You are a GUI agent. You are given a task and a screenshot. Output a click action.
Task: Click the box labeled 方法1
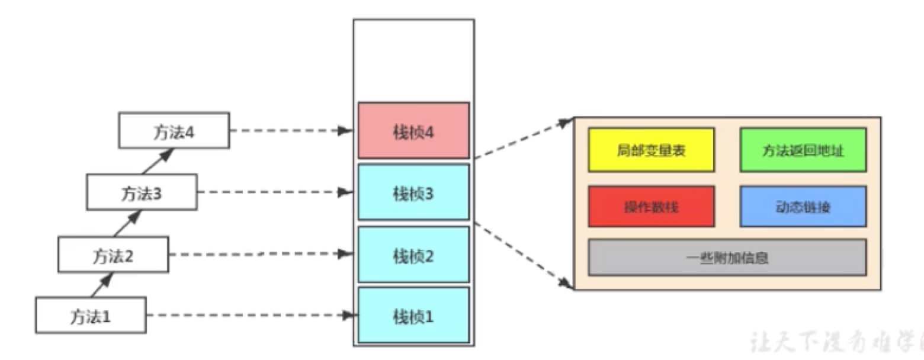point(91,315)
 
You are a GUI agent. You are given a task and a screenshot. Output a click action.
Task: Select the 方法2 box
point(113,255)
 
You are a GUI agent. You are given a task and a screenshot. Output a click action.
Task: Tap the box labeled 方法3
point(142,192)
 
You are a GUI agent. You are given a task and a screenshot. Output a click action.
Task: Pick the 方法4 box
point(174,130)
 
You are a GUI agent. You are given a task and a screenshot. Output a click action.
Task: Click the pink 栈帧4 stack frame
point(413,130)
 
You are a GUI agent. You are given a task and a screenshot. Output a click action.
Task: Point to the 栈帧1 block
point(413,316)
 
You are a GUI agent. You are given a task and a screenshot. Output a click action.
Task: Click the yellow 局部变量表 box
point(651,150)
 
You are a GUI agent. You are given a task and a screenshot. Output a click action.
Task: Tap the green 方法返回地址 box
point(803,150)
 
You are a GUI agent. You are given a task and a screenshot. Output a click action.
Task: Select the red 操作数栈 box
point(651,206)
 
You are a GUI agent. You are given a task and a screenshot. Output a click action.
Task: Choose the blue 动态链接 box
point(803,206)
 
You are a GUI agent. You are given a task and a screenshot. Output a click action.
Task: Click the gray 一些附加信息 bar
point(727,258)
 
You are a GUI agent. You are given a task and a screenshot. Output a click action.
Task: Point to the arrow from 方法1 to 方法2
point(102,285)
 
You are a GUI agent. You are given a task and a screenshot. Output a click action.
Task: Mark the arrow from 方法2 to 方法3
point(131,223)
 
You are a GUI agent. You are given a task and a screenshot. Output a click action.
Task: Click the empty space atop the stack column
point(413,59)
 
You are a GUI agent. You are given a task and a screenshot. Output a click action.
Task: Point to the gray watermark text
point(835,342)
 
